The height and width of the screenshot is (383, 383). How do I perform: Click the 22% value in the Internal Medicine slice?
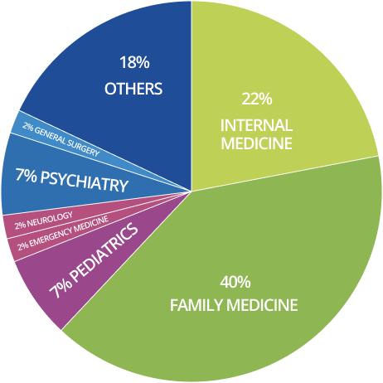pyautogui.click(x=257, y=99)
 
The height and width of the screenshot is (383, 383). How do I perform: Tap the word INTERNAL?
pyautogui.click(x=256, y=125)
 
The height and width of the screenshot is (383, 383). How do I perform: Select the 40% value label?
pyautogui.click(x=235, y=282)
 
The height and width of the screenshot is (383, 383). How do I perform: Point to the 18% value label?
pyautogui.click(x=134, y=62)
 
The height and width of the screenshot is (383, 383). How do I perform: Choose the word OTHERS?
pyautogui.click(x=133, y=89)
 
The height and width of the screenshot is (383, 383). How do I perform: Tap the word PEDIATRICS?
pyautogui.click(x=104, y=251)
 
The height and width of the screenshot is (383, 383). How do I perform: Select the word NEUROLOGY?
pyautogui.click(x=50, y=220)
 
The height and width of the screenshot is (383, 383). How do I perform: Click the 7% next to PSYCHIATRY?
pyautogui.click(x=26, y=175)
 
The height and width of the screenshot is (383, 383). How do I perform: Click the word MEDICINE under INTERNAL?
pyautogui.click(x=256, y=143)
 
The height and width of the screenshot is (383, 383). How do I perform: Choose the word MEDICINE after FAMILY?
pyautogui.click(x=262, y=305)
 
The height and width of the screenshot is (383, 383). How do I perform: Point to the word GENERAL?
pyautogui.click(x=51, y=136)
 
